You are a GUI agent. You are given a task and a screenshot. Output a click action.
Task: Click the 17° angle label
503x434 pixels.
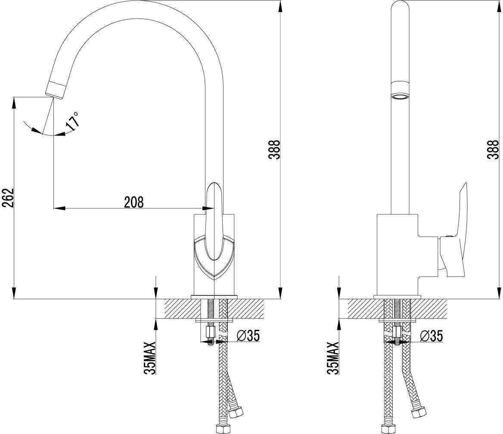coord(72,121)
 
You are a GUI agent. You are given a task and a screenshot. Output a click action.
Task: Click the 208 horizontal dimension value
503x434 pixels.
coord(134,202)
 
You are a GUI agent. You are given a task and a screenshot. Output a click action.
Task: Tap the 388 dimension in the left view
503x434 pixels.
coord(275,149)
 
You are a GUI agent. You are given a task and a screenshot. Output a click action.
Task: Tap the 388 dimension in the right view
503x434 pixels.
coord(493,149)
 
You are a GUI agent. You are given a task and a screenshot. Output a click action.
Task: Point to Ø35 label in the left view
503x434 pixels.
coord(248,335)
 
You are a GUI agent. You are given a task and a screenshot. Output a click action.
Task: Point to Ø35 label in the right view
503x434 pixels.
coord(432,336)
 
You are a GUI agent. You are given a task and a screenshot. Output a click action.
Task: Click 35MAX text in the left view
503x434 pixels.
coord(150,358)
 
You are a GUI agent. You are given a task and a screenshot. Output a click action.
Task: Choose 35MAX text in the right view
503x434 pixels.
coord(332,358)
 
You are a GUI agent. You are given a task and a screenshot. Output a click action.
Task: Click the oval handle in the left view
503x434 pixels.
coord(213,221)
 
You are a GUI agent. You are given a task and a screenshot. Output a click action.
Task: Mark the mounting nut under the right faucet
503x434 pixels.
coord(397,332)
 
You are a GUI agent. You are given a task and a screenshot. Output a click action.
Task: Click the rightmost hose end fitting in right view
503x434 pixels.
coord(419,412)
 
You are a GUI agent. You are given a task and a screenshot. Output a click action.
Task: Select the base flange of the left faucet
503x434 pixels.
coord(214,297)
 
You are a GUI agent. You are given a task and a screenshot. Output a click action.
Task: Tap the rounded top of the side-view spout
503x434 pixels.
coord(401,6)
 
